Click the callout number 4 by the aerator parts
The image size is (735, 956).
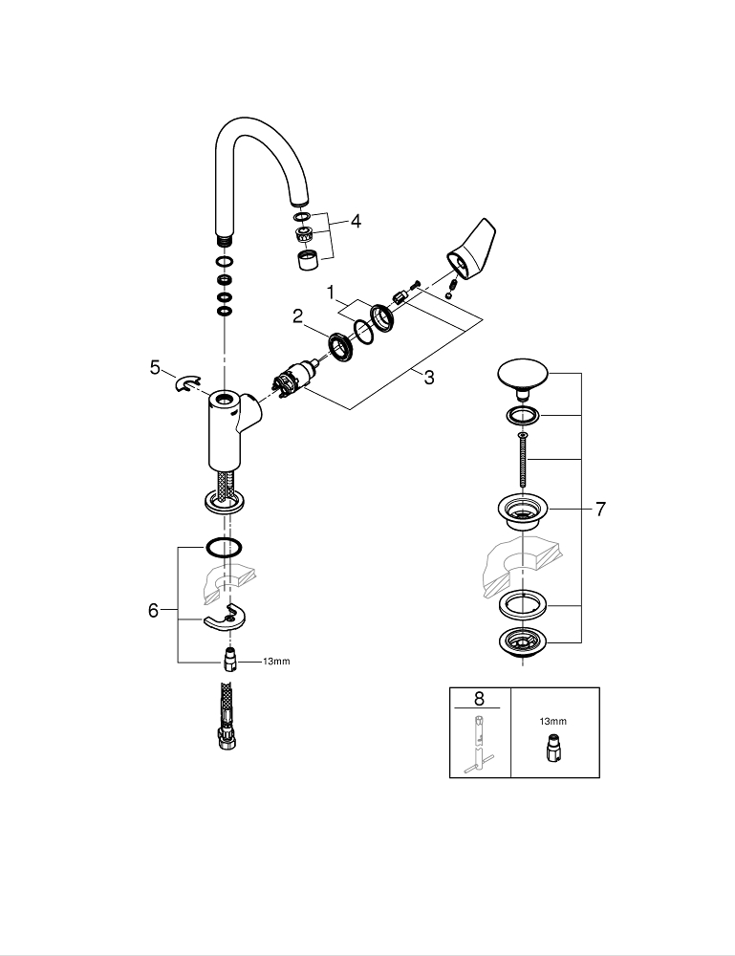click(355, 221)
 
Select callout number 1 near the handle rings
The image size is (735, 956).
click(331, 293)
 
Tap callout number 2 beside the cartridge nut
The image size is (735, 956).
click(297, 316)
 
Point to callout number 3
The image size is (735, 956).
click(429, 378)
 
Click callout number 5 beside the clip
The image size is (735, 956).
click(156, 368)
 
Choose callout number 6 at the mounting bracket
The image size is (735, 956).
click(153, 610)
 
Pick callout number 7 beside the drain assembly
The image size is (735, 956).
click(600, 509)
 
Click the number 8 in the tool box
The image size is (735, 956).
click(479, 698)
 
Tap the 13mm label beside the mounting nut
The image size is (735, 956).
click(276, 662)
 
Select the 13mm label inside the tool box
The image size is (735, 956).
click(552, 721)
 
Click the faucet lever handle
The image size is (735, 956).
click(473, 250)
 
